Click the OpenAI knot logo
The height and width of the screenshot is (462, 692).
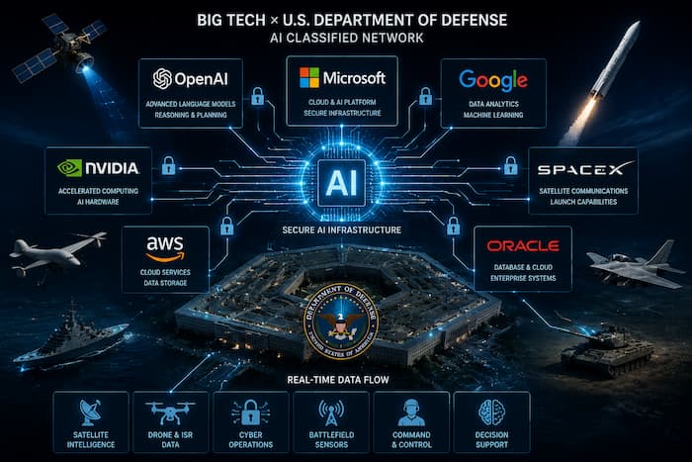pos(162,78)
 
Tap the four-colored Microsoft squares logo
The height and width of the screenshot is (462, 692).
pos(308,78)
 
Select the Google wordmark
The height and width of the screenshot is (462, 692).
pos(493,80)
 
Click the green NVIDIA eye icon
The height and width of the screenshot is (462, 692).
pos(70,168)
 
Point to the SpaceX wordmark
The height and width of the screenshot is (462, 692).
pos(585,169)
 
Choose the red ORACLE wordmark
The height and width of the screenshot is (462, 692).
pos(523,245)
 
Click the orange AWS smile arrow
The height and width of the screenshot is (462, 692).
pos(165,256)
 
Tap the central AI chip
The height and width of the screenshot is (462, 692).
pos(341,183)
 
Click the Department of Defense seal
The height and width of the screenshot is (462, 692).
pos(341,321)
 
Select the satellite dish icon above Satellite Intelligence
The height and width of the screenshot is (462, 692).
pos(91,413)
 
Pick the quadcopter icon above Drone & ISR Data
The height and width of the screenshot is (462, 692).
pos(170,413)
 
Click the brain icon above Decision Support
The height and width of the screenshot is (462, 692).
pos(491,413)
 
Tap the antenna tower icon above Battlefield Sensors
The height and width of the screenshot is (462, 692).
pos(331,413)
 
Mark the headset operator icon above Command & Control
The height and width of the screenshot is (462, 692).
pos(411,413)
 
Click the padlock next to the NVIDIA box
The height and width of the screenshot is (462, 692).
pos(168,165)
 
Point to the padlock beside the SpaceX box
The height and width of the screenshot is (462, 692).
pos(511,165)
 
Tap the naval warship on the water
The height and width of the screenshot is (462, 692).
pos(70,336)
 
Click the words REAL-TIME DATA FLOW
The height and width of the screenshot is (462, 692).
pos(338,380)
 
